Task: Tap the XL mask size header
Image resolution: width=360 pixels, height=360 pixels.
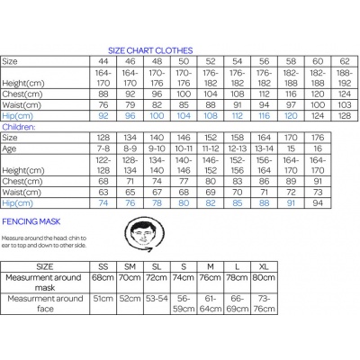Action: click(264, 266)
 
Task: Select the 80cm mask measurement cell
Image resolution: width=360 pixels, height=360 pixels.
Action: click(264, 281)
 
